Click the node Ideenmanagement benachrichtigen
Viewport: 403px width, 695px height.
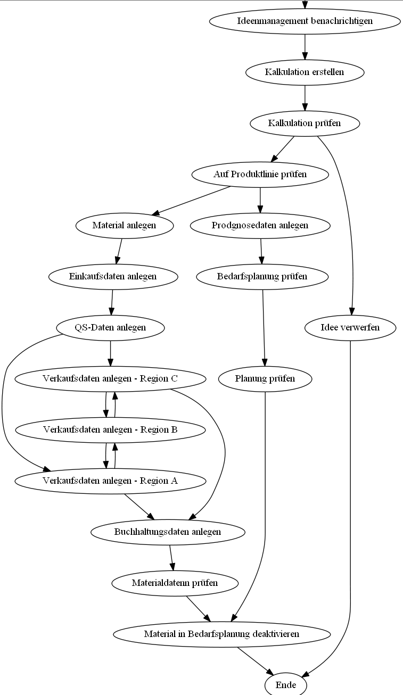(305, 21)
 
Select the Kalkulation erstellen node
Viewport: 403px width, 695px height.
(305, 72)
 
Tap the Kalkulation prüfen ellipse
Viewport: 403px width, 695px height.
(305, 123)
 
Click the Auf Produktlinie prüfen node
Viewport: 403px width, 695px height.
(260, 174)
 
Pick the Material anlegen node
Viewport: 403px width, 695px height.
(125, 225)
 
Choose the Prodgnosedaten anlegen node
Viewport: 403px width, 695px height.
(260, 225)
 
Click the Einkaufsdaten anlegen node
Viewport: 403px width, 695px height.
(113, 276)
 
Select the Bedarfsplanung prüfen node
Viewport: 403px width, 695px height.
(262, 276)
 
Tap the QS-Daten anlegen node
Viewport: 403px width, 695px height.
(110, 327)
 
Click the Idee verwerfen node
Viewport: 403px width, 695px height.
(350, 327)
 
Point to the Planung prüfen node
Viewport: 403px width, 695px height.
(265, 378)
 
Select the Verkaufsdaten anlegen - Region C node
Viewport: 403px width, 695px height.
(110, 378)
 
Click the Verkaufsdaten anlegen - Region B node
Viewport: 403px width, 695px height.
(110, 429)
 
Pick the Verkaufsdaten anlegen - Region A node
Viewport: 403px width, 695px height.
(110, 481)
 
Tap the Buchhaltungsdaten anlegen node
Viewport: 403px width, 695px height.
(168, 532)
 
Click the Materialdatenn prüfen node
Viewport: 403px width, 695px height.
(175, 583)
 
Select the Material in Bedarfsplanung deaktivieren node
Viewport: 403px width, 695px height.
(221, 634)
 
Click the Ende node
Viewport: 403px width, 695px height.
(286, 685)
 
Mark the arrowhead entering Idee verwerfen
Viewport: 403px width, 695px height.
(351, 312)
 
